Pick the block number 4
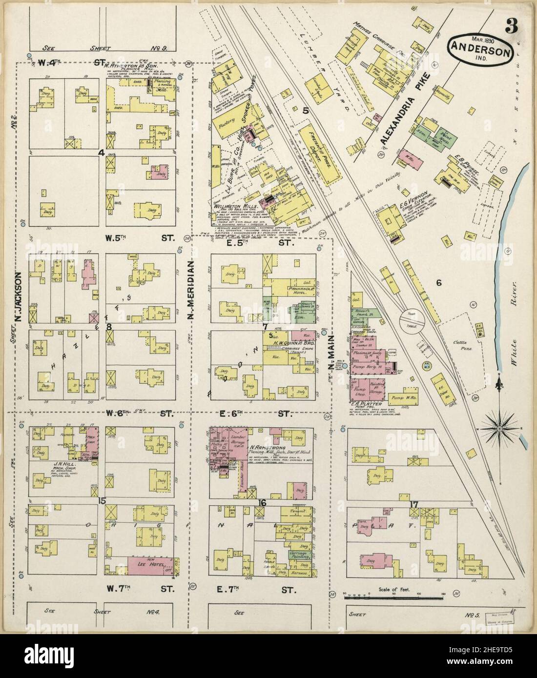pos(102,153)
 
